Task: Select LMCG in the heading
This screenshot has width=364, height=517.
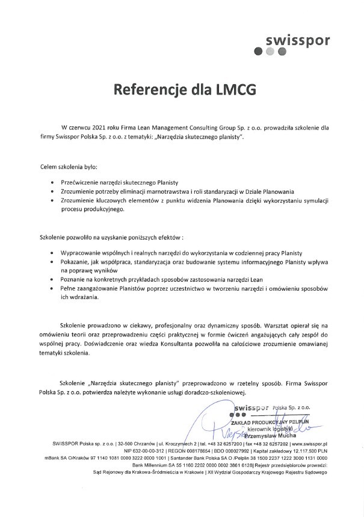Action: click(x=232, y=90)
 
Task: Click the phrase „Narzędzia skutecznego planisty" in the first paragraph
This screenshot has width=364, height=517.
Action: click(x=199, y=137)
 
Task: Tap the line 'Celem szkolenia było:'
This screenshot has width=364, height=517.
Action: click(x=69, y=166)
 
